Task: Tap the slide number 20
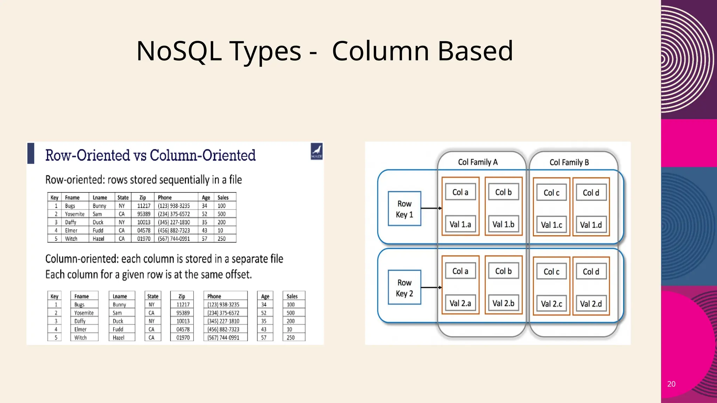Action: tap(671, 384)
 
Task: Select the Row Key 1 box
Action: tap(404, 209)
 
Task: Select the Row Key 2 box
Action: tap(404, 288)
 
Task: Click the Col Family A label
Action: tap(478, 162)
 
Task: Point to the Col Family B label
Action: tap(569, 162)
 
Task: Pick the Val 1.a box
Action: tap(460, 224)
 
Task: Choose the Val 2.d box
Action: tap(591, 304)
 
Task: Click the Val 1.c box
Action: tap(551, 225)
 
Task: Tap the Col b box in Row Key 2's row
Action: tap(503, 271)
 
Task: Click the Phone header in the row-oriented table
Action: tap(165, 197)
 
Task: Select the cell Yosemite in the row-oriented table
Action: tap(75, 214)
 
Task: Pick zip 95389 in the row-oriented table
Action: tap(144, 214)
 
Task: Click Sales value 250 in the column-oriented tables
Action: tap(291, 338)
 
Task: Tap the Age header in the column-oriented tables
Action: tap(265, 296)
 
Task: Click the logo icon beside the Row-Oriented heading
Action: tap(316, 151)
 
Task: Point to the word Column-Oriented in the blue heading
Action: tap(203, 155)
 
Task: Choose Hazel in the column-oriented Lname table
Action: tap(118, 338)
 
